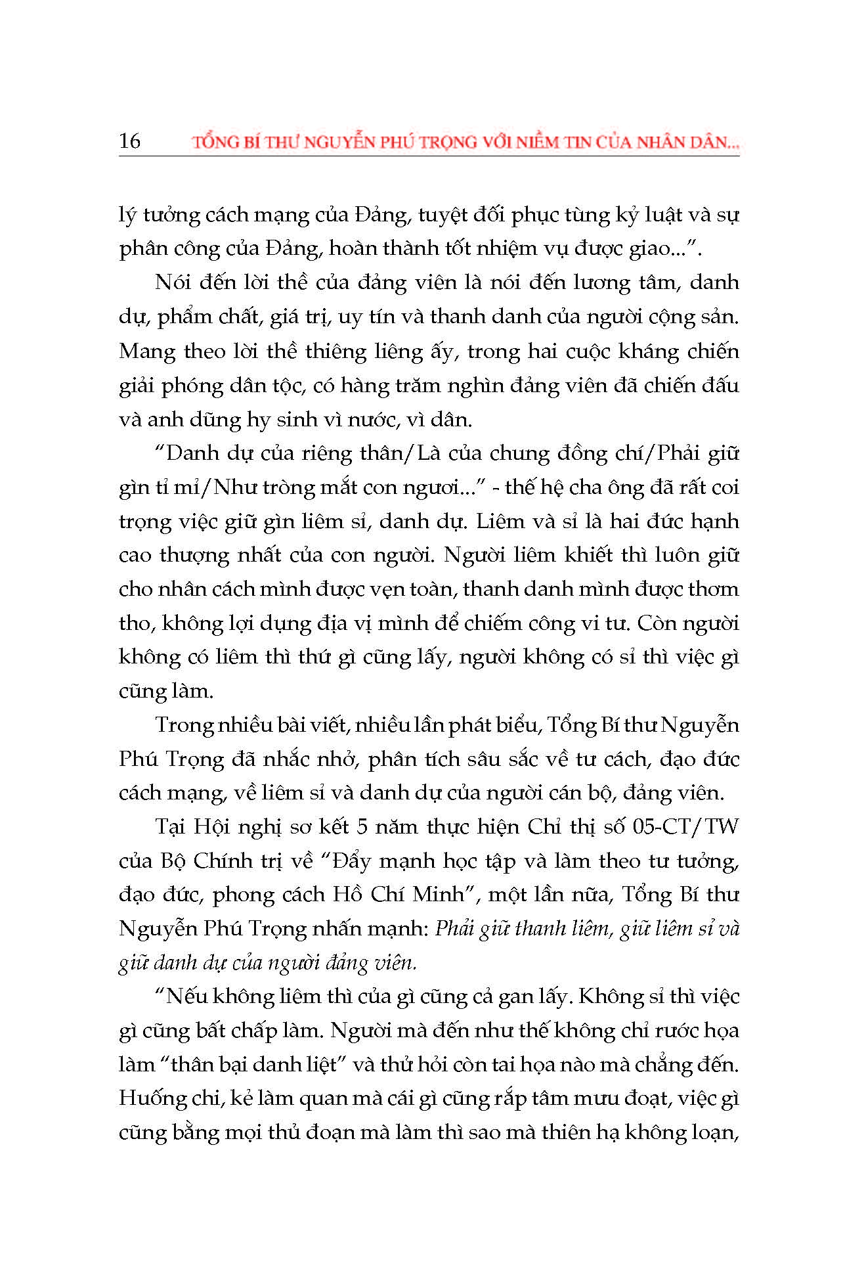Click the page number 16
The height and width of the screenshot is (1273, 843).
pyautogui.click(x=129, y=141)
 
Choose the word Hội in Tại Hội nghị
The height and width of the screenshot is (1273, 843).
pyautogui.click(x=210, y=826)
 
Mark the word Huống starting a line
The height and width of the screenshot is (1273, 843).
pyautogui.click(x=146, y=1098)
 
